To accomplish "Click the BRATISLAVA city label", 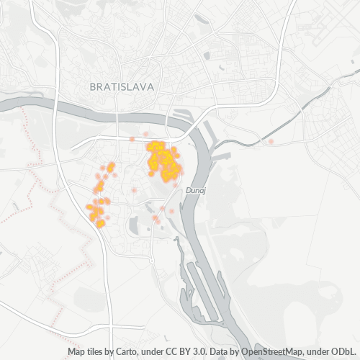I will tap(122, 87).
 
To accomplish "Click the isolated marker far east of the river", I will tap(271, 142).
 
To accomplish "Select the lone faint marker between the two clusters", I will tap(134, 190).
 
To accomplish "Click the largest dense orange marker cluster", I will tap(163, 160).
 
